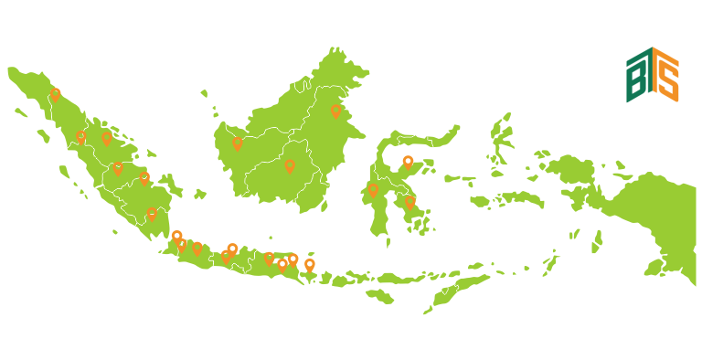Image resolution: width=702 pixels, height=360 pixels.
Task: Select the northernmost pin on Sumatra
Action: click(55, 93)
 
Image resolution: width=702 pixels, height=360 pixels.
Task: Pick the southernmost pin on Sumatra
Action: click(152, 214)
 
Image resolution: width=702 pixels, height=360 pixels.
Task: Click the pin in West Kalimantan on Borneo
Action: click(238, 143)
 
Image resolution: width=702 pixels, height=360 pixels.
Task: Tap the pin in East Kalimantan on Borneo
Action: click(335, 111)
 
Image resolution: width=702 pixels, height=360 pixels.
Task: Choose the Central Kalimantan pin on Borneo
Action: click(290, 165)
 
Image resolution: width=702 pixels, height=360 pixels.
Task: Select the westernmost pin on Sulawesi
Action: click(373, 189)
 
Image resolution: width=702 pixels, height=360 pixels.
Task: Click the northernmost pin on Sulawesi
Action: click(408, 162)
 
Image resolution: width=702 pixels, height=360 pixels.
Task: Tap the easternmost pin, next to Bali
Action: click(310, 265)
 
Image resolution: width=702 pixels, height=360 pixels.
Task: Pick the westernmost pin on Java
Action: click(176, 237)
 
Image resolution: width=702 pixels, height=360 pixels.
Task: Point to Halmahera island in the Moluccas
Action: click(500, 142)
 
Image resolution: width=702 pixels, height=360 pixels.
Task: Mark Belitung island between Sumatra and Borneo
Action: click(199, 194)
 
